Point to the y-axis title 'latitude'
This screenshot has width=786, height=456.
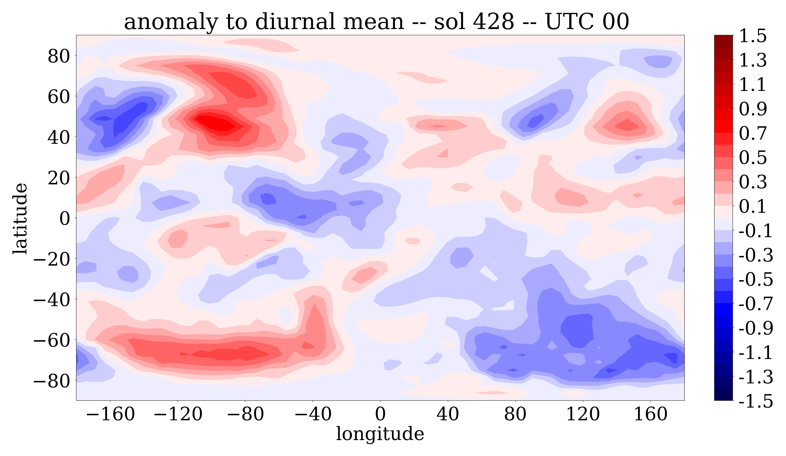[x=20, y=218]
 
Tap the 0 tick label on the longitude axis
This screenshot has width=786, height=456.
[x=380, y=414]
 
